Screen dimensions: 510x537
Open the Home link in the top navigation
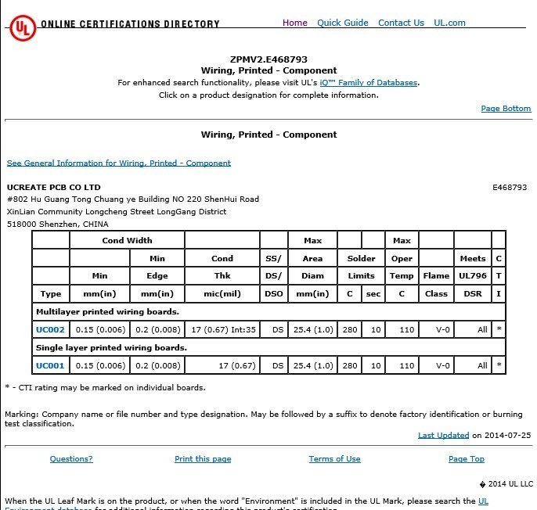click(294, 23)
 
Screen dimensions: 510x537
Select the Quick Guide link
click(342, 23)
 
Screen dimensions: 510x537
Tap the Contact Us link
click(401, 23)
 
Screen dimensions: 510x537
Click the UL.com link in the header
click(449, 23)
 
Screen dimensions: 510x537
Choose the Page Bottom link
click(506, 109)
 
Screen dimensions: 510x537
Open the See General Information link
click(119, 163)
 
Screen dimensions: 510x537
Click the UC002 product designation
click(50, 330)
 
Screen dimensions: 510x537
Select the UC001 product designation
click(50, 365)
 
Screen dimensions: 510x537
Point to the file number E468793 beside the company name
click(510, 188)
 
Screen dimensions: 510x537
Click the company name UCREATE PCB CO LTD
click(53, 188)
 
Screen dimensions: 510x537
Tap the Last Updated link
click(443, 435)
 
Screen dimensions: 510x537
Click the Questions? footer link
click(71, 459)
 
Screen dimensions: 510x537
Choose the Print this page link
click(203, 459)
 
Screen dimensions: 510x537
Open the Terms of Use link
click(334, 459)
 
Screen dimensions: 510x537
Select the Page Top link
click(467, 459)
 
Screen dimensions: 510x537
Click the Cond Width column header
click(127, 240)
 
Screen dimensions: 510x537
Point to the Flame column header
click(436, 275)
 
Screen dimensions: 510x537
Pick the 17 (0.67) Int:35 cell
click(222, 330)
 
